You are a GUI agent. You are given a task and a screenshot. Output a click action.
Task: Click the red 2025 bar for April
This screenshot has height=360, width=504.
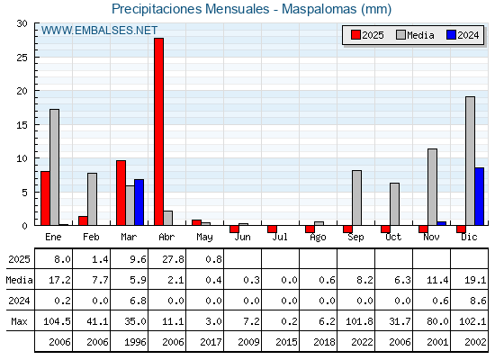[x=158, y=131]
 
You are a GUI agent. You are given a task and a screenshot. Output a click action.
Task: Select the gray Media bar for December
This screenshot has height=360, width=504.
[x=470, y=161]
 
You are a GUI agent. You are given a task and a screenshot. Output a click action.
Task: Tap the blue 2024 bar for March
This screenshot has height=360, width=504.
[x=139, y=202]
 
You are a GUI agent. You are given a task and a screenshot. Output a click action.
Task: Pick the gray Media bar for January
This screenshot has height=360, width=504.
[x=54, y=167]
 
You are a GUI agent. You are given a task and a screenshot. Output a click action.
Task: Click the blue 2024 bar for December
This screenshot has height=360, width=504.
[x=479, y=196]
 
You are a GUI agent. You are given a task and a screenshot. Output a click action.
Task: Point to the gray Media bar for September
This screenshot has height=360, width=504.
[x=356, y=198]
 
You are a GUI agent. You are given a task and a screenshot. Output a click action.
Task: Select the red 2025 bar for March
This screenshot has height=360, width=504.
[x=121, y=193]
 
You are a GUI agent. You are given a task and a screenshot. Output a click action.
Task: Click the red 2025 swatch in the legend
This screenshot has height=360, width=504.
[x=355, y=35]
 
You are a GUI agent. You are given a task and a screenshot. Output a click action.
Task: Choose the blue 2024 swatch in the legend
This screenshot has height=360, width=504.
[x=451, y=35]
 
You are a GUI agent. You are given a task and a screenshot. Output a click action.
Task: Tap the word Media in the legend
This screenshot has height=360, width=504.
[x=420, y=35]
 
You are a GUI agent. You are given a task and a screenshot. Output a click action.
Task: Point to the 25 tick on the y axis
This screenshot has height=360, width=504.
[x=22, y=58]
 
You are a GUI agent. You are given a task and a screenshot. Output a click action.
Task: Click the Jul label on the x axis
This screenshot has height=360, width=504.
[x=280, y=238]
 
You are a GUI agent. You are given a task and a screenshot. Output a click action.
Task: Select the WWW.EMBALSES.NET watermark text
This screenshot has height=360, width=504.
[x=99, y=31]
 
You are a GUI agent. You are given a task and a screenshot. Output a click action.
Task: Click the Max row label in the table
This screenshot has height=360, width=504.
[x=19, y=321]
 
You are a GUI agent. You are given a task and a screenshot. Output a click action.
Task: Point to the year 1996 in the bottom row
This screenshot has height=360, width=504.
[x=135, y=342]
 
